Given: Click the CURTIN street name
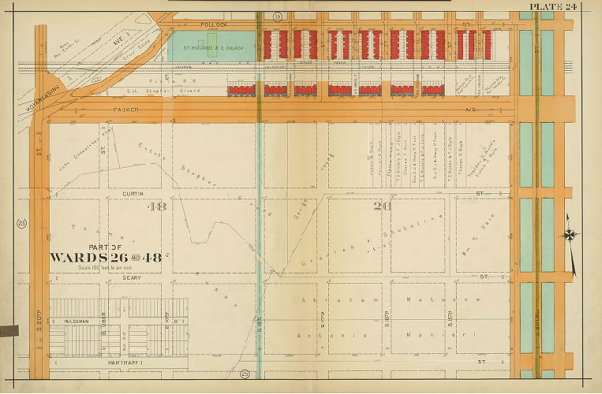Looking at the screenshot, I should [x=131, y=192].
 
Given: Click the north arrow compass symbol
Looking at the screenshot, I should [x=570, y=235].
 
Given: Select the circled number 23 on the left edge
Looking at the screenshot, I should [x=22, y=224].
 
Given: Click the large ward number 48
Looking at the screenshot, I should [x=157, y=206].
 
